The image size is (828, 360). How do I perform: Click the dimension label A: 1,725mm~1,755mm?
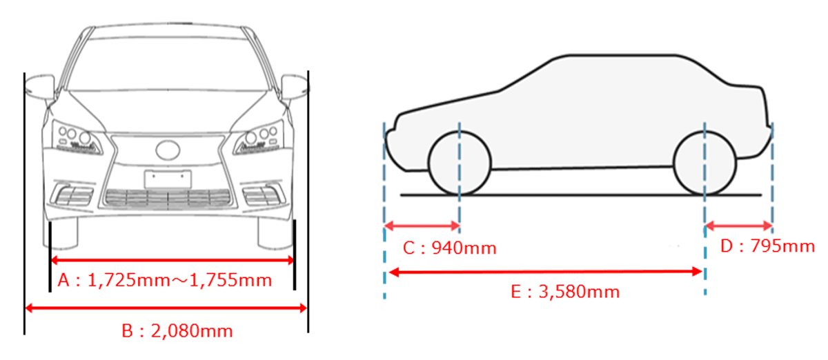click(x=165, y=280)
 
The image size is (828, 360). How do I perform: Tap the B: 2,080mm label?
click(x=177, y=331)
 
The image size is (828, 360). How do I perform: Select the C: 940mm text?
click(x=449, y=248)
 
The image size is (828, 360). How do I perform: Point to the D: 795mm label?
click(x=768, y=246)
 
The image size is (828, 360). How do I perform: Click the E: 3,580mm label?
click(x=565, y=292)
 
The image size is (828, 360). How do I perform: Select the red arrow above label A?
click(x=172, y=260)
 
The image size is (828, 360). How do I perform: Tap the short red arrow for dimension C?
click(x=422, y=226)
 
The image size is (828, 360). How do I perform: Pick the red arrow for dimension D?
click(x=739, y=226)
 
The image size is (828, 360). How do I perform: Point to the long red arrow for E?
click(x=546, y=272)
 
